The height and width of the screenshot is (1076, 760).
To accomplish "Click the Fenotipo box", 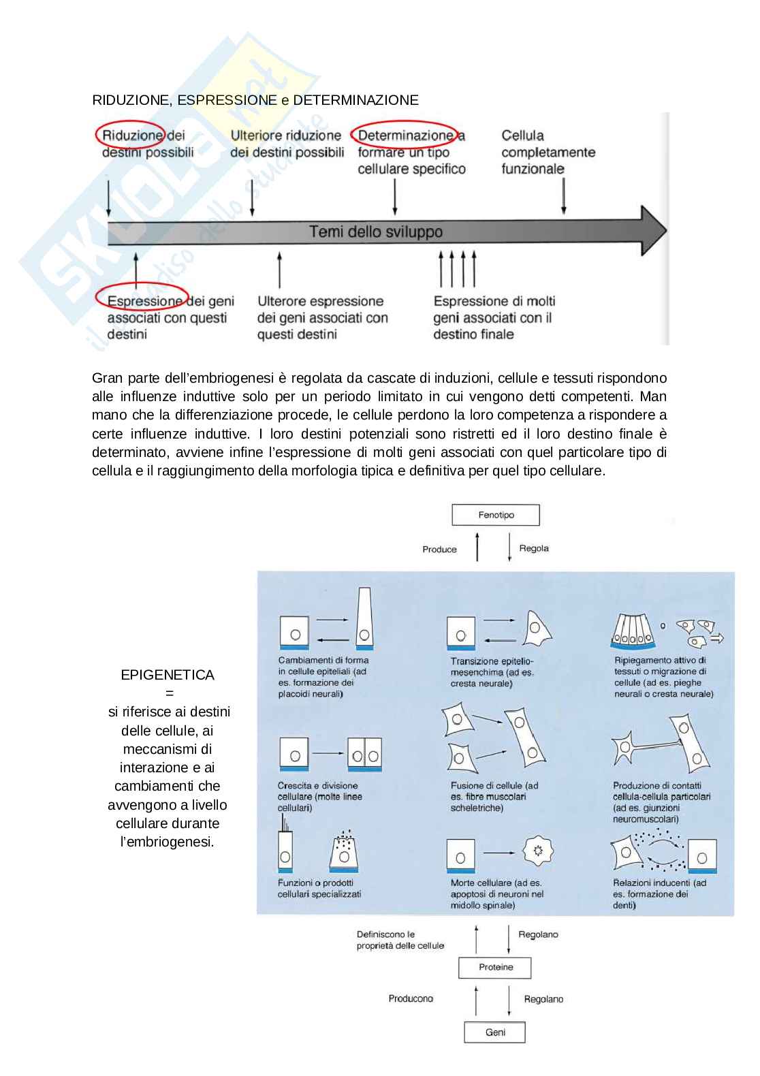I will [496, 515].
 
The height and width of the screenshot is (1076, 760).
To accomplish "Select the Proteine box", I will [495, 967].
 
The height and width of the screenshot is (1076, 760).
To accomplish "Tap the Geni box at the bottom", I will [495, 1032].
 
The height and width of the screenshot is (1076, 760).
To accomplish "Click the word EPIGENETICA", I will [168, 675].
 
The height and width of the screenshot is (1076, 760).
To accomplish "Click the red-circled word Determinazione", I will [405, 136].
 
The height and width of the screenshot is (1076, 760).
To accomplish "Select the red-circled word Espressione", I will [144, 301].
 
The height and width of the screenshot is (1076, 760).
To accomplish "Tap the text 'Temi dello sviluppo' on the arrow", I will [376, 232].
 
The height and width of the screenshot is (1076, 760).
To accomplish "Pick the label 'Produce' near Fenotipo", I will [439, 550].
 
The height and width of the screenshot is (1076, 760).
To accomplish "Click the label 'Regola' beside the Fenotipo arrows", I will [534, 548].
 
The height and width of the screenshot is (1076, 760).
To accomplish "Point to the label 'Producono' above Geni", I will [411, 998].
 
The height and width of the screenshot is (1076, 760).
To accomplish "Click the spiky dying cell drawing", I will [537, 851].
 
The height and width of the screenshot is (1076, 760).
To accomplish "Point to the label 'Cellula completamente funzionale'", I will [548, 152].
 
